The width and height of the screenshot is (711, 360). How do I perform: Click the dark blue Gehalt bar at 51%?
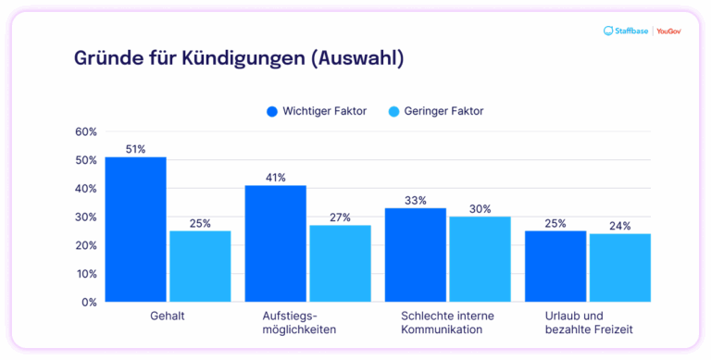pos(135,230)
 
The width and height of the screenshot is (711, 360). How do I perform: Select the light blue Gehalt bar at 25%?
pos(200,267)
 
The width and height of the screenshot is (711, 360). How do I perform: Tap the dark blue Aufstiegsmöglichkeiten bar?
pos(275,243)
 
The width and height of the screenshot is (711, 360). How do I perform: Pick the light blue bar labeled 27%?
pos(340,264)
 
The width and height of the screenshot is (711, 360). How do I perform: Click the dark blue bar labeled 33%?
pos(416,255)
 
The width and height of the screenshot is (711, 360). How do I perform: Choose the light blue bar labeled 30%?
pos(480,259)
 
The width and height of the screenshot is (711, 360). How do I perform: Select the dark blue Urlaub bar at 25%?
pos(555,267)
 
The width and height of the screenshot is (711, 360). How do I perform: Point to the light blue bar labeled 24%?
pos(619,267)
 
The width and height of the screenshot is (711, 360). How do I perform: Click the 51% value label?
pos(135,149)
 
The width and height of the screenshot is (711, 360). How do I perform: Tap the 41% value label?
pos(275,178)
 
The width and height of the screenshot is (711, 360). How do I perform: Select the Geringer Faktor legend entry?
pos(435,111)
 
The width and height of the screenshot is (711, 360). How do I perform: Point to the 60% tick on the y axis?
pos(86,131)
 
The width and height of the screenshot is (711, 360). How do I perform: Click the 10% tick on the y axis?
pos(86,274)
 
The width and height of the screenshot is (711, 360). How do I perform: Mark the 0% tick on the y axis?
pos(89,303)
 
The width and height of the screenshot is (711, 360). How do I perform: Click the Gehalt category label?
pos(168,317)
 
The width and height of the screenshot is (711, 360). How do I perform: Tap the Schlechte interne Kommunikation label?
pos(447,323)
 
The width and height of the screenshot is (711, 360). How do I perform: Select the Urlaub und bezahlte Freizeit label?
pos(587,323)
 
